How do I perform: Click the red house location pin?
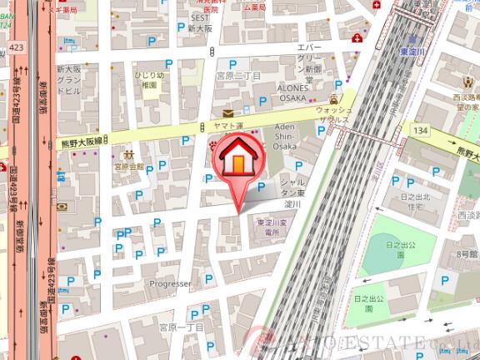click(239, 163)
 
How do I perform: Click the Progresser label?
click(170, 283)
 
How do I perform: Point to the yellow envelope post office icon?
click(227, 112)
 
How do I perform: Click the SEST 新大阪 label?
click(200, 22)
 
